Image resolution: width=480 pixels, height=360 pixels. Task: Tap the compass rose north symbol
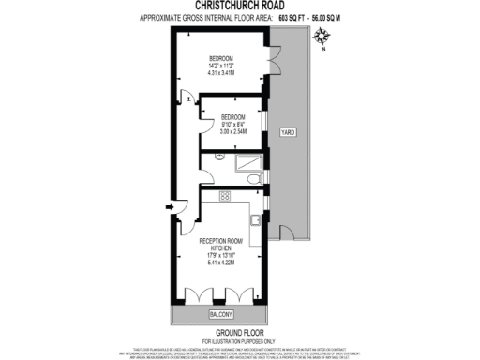[322, 38]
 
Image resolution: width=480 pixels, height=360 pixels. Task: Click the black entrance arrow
[168, 208]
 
